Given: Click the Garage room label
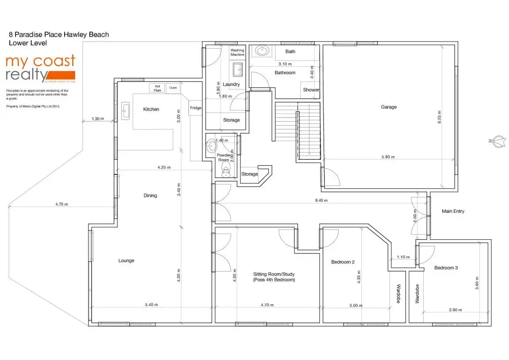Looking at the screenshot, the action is [x=389, y=107].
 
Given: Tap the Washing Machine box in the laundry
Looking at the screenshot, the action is [x=237, y=52].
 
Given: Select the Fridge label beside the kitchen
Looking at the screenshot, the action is [x=195, y=108].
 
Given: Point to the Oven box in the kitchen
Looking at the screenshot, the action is [x=173, y=88].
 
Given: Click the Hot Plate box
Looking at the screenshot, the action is [x=157, y=88].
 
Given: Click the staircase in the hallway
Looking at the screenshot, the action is [x=298, y=130].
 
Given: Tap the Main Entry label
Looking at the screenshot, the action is [x=453, y=211].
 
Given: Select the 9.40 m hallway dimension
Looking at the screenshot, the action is [x=321, y=200].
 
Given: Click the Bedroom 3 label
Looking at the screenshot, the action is [x=446, y=268].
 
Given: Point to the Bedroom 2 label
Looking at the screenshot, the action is [x=343, y=262].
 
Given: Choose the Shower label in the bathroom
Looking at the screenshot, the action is [x=311, y=90].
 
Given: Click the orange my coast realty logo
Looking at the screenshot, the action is [x=40, y=68].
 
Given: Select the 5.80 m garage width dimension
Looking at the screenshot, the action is [x=388, y=157].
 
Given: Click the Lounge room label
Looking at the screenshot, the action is [x=126, y=260].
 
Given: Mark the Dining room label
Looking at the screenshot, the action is [x=150, y=195].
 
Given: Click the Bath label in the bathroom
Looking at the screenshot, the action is [x=290, y=51].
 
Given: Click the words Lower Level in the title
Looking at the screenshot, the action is [x=28, y=43].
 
